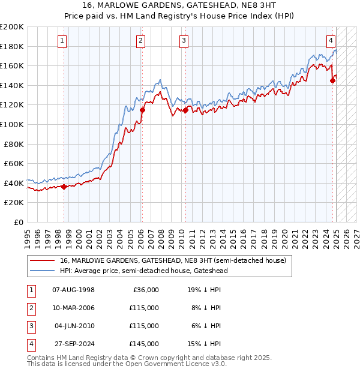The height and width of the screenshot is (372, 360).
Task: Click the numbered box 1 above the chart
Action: pyautogui.click(x=63, y=41)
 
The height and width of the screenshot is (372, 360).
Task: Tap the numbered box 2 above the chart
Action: pyautogui.click(x=140, y=41)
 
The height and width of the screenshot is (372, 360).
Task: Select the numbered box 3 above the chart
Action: pyautogui.click(x=184, y=41)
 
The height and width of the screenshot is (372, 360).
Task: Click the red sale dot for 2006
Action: pyautogui.click(x=142, y=110)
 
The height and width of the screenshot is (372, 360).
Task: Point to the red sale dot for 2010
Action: pyautogui.click(x=186, y=110)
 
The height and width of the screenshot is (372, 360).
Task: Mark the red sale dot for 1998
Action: pyautogui.click(x=64, y=187)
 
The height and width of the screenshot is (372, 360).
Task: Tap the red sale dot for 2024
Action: pyautogui.click(x=333, y=81)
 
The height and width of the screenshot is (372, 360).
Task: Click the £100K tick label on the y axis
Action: pyautogui.click(x=12, y=124)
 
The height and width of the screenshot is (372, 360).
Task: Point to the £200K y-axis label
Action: pyautogui.click(x=12, y=27)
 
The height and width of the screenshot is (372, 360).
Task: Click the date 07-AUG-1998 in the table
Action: pyautogui.click(x=74, y=290)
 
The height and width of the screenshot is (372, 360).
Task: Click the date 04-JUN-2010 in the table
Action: pyautogui.click(x=74, y=326)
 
